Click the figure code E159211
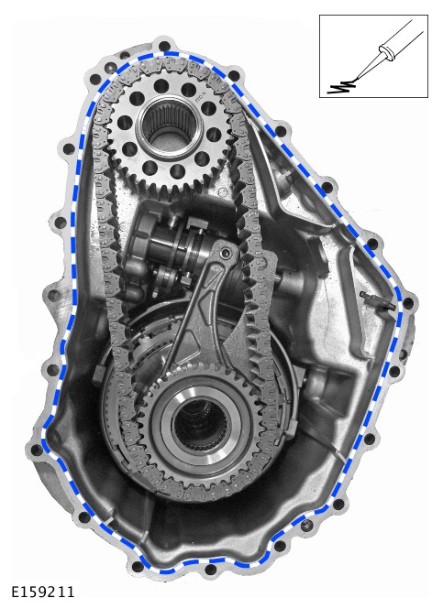[42, 592]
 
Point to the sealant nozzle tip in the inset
[356, 80]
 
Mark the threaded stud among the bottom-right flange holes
[307, 526]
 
